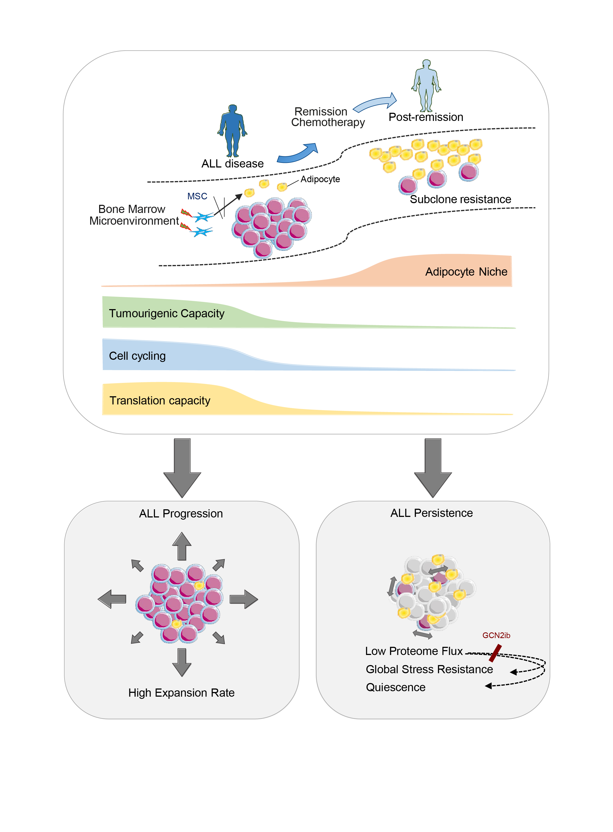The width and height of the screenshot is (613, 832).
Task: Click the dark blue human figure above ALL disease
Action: tap(232, 130)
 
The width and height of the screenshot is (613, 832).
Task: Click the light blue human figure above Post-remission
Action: tap(426, 85)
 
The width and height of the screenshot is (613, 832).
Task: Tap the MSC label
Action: tap(197, 196)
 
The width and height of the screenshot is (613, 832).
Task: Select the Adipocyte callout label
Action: tap(320, 179)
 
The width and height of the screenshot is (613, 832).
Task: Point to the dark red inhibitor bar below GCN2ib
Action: tap(495, 653)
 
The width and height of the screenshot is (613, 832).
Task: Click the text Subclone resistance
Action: tap(460, 199)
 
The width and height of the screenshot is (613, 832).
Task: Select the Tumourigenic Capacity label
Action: tap(167, 313)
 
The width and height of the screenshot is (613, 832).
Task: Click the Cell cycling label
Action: tap(137, 356)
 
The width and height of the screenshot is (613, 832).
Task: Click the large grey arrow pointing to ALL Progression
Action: tap(182, 468)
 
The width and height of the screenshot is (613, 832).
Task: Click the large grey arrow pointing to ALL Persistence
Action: tap(433, 468)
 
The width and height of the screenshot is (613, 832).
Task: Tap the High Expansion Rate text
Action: tap(181, 693)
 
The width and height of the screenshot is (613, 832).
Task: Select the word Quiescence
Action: tap(396, 687)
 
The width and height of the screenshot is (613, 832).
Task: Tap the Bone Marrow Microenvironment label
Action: tap(134, 215)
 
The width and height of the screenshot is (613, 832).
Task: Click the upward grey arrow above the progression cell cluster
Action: tap(182, 547)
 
